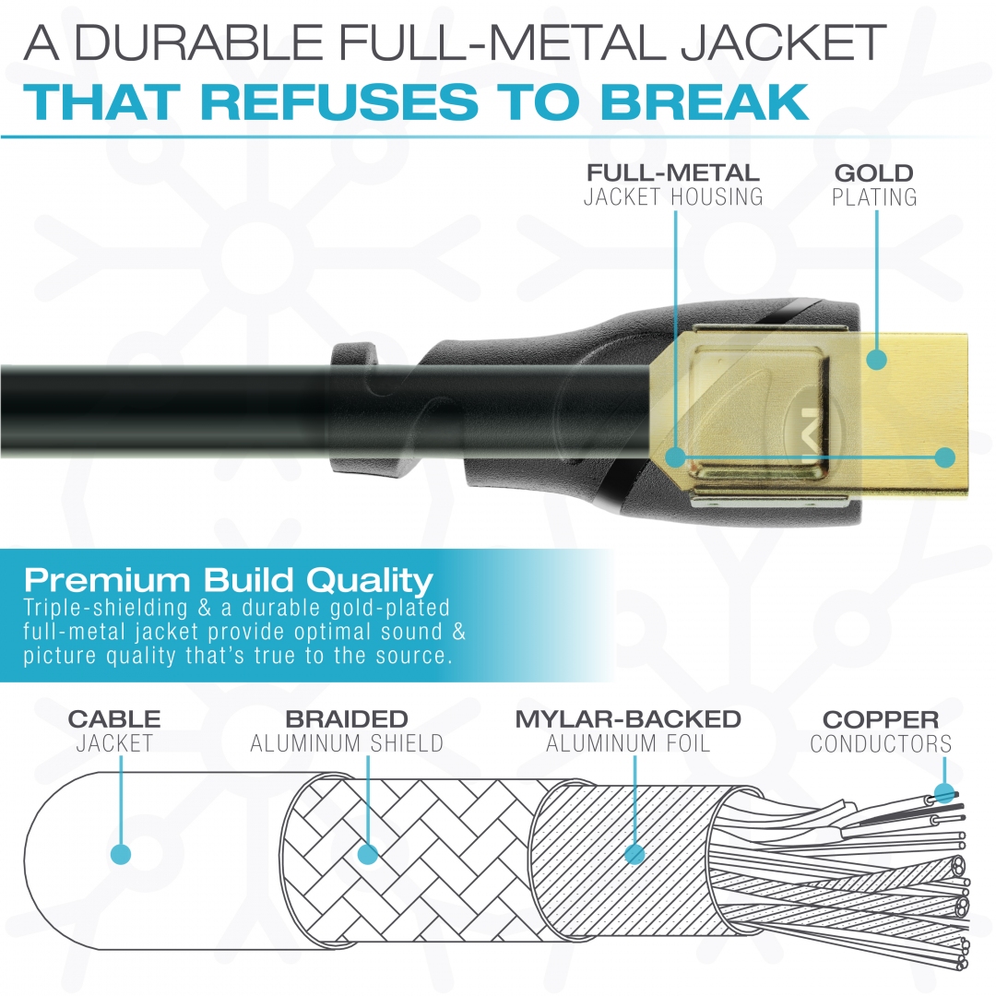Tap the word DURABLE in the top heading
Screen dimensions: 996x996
coord(199,41)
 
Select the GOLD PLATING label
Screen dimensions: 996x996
coord(874,184)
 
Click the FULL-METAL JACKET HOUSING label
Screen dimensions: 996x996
coord(673,184)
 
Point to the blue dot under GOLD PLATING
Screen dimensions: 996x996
coord(877,360)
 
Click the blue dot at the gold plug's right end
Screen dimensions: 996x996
coord(945,457)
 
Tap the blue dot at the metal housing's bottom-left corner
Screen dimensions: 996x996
coord(676,457)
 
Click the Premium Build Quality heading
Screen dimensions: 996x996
coord(229,580)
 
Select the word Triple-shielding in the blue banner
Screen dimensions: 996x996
coord(105,608)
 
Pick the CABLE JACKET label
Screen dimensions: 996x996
coord(114,730)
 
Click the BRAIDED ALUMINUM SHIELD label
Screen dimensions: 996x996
coord(347,730)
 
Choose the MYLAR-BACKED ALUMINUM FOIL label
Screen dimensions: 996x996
coord(628,730)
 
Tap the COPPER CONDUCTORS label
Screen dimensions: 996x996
coord(881,731)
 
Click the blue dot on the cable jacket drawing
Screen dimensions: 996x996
coord(121,854)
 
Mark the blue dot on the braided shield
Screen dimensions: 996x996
coord(368,854)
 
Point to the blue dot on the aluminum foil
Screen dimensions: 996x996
coord(634,854)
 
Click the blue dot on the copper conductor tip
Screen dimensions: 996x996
coord(944,794)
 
